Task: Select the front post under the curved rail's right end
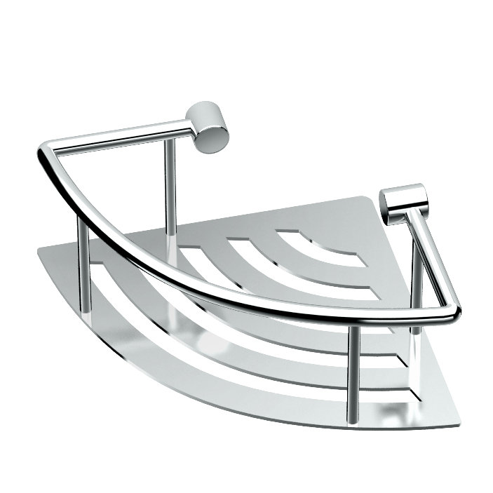pos(354,372)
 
